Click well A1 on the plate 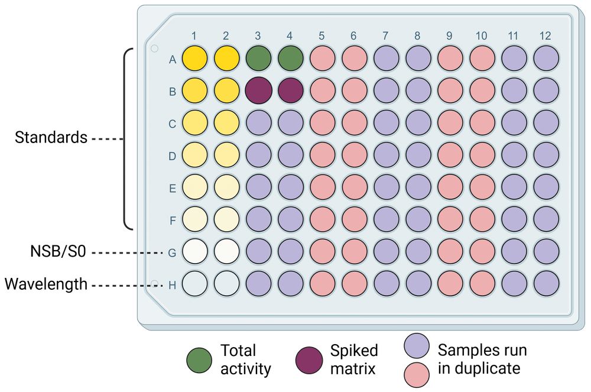tap(195, 59)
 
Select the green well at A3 tap(258, 59)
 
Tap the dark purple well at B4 tap(290, 92)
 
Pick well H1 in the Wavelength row tap(195, 284)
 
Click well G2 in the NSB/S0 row tap(226, 252)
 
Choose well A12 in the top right tap(545, 59)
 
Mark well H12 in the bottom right tap(545, 284)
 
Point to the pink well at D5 tap(322, 156)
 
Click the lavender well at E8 tap(418, 188)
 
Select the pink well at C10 tap(482, 124)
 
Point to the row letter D tap(173, 157)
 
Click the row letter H tap(173, 285)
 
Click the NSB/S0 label tap(59, 252)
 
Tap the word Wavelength tap(46, 285)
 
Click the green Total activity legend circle tap(197, 359)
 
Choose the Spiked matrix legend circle tap(309, 359)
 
